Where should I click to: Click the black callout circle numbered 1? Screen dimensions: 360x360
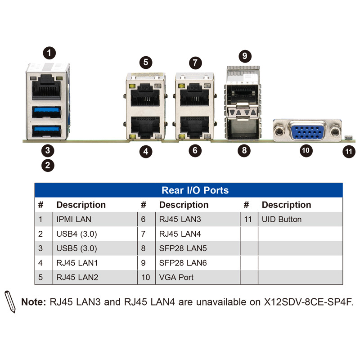click(49, 53)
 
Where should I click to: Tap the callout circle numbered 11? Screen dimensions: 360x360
click(349, 151)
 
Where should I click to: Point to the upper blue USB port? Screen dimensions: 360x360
click(46, 111)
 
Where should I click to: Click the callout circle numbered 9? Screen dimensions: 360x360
click(244, 56)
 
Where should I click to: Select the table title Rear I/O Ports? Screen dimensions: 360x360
click(195, 190)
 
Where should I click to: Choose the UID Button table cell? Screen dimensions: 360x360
click(281, 219)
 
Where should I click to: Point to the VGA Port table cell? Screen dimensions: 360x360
click(176, 277)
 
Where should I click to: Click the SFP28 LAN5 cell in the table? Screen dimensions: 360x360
click(183, 248)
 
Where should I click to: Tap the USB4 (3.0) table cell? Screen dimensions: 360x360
click(76, 234)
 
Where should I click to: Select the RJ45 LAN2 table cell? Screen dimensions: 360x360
click(77, 277)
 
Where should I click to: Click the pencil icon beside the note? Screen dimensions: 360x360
click(10, 301)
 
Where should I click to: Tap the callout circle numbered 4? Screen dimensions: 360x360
click(145, 151)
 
